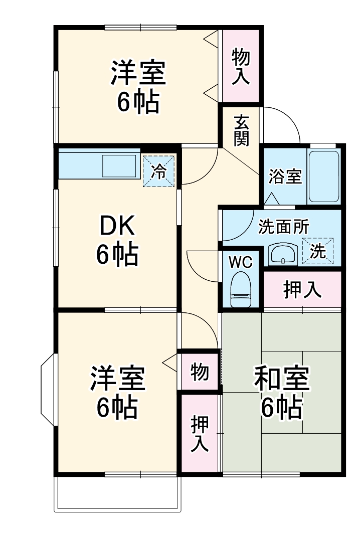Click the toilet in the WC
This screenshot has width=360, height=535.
click(241, 289)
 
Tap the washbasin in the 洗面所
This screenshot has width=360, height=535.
click(284, 255)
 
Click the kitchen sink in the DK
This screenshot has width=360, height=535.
click(119, 165)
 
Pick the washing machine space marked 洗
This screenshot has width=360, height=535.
click(317, 249)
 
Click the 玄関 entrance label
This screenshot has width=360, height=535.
click(241, 130)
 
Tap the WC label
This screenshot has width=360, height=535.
click(241, 262)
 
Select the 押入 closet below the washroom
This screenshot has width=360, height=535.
click(302, 290)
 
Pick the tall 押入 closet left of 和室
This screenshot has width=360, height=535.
click(200, 433)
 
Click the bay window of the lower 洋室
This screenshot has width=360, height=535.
click(49, 391)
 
